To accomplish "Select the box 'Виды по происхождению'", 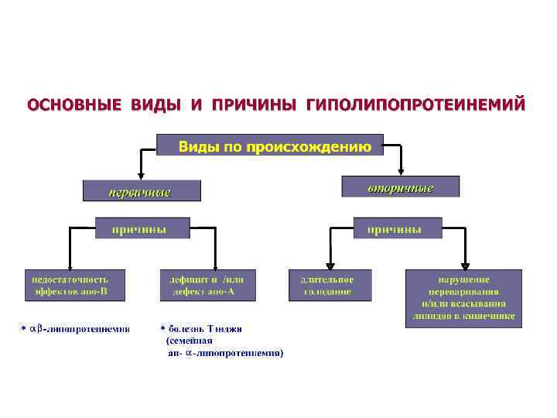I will coord(270,146).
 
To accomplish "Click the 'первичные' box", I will coord(142,190).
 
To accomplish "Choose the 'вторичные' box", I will coord(400,187).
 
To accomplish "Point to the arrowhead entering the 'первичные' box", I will coord(141,176).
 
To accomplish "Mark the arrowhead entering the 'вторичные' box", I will coord(402,172).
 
